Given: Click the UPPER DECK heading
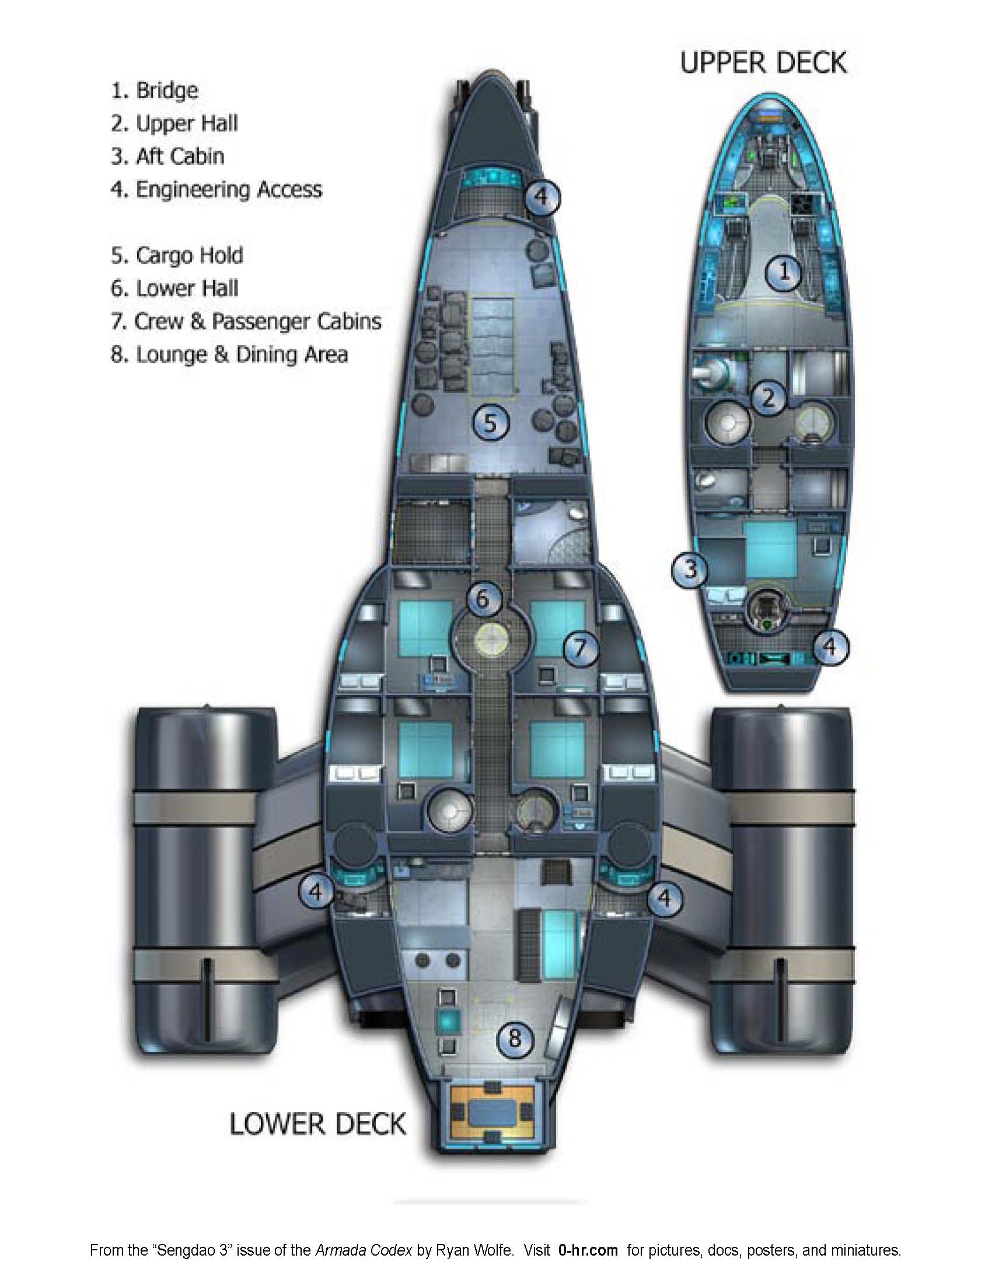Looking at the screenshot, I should coord(763,63).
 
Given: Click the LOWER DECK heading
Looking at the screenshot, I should coord(317,1124).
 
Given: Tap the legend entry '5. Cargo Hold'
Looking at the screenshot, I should coord(177,255).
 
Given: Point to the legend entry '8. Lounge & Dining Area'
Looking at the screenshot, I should coord(229,355).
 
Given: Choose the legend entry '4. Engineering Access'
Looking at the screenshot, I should coord(216,190).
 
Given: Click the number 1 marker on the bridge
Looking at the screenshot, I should coord(784,272).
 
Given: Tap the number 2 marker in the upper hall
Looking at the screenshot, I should coord(767,398).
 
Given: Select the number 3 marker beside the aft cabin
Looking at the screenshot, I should coord(690,569).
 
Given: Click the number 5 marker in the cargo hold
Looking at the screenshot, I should coord(491,422).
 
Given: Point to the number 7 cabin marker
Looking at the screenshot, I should coord(580,648).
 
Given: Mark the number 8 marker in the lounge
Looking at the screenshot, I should coord(515,1038).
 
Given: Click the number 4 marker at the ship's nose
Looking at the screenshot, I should coord(542,196).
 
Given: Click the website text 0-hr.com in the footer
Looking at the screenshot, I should coord(588,1249).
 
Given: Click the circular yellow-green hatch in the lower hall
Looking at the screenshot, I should coord(491,637).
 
